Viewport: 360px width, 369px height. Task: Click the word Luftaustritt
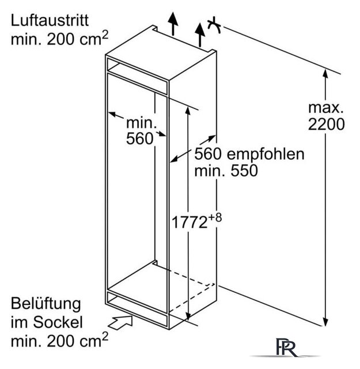(50, 21)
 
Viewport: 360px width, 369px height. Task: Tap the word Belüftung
(46, 304)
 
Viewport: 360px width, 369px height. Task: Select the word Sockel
(58, 322)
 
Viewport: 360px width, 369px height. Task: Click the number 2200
(326, 124)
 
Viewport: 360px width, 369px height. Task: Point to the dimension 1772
(190, 222)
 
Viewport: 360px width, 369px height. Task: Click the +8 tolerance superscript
(215, 217)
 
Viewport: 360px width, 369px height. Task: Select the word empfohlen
(266, 154)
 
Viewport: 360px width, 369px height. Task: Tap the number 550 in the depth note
(244, 171)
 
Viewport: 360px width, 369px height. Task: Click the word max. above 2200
(326, 108)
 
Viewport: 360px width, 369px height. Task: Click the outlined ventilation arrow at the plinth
(121, 323)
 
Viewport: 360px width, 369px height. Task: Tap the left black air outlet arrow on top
(173, 24)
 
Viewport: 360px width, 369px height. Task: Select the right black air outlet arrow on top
(200, 35)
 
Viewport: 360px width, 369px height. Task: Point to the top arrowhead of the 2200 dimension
(325, 73)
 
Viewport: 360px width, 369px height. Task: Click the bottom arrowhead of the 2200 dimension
(325, 322)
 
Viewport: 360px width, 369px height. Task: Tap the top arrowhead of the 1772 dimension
(188, 111)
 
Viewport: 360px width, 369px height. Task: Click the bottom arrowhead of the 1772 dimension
(188, 316)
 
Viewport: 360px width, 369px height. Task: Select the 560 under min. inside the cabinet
(139, 139)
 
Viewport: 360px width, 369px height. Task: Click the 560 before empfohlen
(208, 154)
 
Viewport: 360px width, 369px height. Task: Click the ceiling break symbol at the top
(214, 24)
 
